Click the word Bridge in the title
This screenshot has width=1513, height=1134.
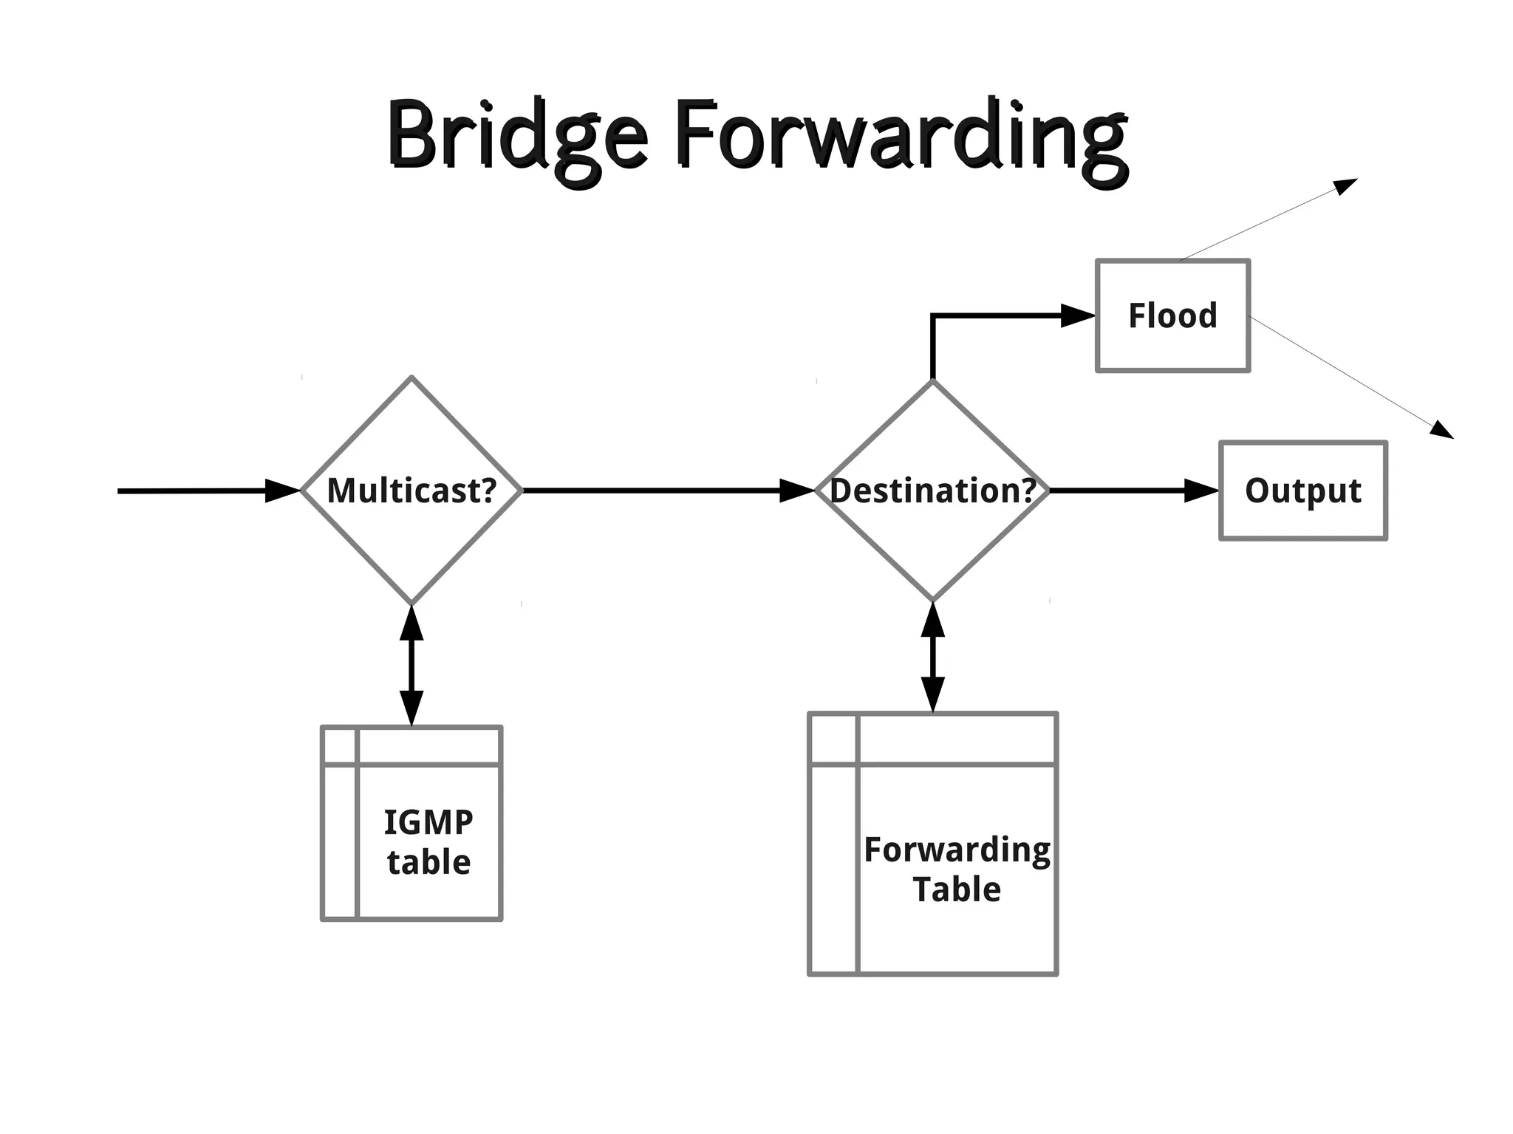click(517, 137)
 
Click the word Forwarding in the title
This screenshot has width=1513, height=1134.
click(901, 137)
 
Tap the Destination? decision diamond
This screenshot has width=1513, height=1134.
click(932, 539)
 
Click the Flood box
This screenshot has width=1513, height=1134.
click(1172, 315)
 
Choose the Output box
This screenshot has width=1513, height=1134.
click(1302, 491)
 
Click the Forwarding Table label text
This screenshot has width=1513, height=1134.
click(957, 870)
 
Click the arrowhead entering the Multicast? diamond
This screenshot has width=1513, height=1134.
click(283, 491)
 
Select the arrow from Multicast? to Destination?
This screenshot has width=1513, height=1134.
click(650, 491)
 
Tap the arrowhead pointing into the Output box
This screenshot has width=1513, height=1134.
click(1201, 491)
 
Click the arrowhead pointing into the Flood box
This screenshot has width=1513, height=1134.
click(1078, 315)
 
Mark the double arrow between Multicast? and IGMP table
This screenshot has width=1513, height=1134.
click(411, 665)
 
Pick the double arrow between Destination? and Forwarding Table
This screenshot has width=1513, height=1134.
click(932, 657)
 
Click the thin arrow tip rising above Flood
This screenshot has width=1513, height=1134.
click(1349, 183)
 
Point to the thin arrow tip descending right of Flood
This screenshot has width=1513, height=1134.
click(1444, 431)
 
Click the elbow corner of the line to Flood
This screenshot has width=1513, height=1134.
click(933, 316)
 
